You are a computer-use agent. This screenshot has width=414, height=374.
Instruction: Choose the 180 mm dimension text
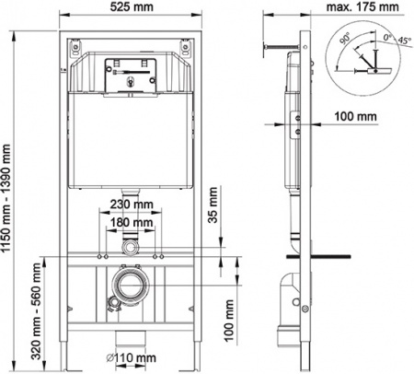click(131, 222)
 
